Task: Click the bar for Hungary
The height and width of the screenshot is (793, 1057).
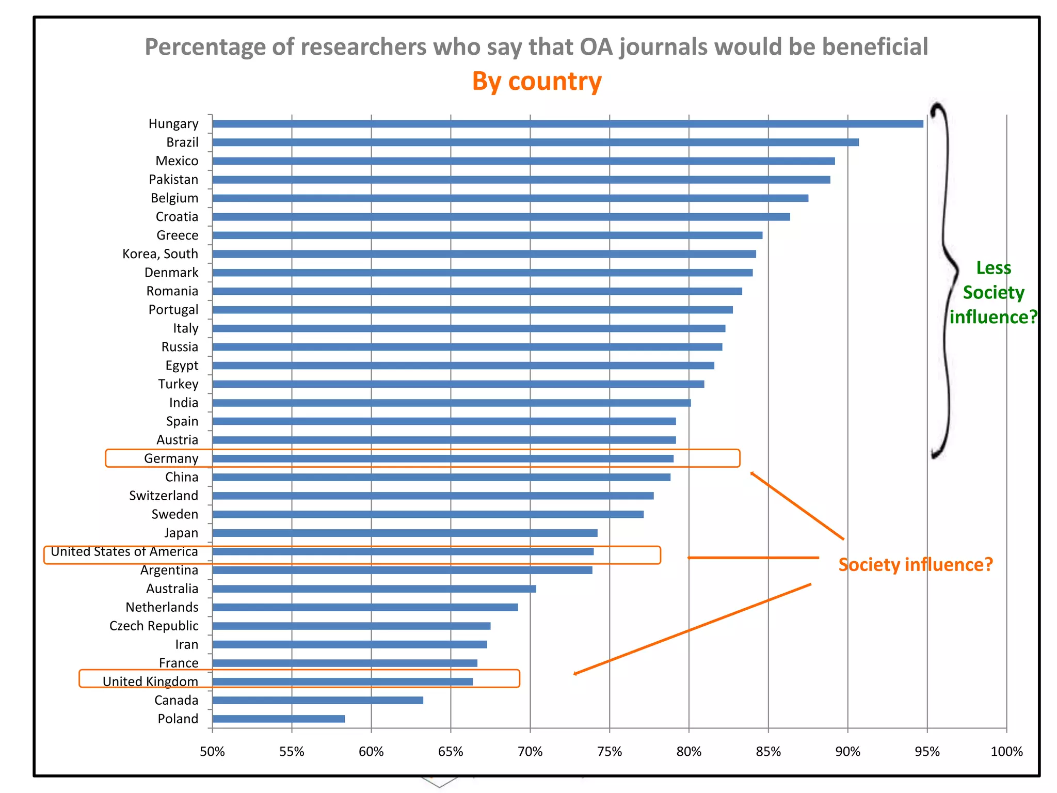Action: pos(567,124)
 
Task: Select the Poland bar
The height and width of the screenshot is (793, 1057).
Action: pos(279,719)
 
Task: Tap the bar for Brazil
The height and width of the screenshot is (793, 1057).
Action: pos(535,142)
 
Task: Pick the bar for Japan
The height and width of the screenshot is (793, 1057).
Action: pos(405,533)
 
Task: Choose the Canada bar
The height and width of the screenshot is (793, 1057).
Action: pos(317,700)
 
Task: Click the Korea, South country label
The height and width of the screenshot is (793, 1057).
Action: pos(160,254)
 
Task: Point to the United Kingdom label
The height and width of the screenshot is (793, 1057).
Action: pos(150,681)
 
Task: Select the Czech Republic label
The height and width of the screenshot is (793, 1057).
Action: pos(154,626)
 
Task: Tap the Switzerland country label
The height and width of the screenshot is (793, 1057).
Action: pos(164,496)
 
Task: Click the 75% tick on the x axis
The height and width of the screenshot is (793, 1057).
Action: pos(610,752)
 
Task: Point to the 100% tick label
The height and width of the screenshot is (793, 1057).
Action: pos(1006,752)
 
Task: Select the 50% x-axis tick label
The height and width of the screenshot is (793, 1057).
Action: pos(212,752)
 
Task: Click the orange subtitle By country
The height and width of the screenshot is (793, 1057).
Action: pos(537,82)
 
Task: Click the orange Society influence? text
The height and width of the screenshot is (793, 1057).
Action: pos(915,564)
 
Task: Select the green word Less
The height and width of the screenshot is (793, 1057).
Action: pos(994,268)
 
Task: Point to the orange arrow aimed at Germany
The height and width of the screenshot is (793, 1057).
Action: pos(797,506)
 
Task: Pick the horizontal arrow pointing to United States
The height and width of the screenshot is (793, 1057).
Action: pos(754,558)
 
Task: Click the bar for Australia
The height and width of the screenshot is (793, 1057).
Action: pos(374,589)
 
